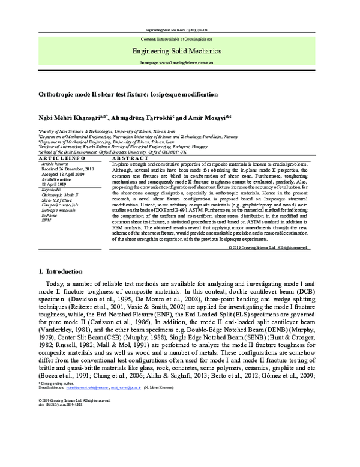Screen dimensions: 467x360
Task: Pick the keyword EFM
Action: point(47,221)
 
